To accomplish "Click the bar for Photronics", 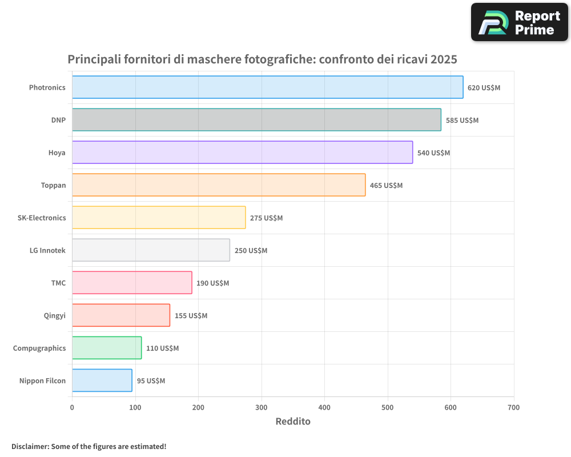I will (267, 87).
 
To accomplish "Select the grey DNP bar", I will (256, 120).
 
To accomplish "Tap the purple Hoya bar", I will (242, 153).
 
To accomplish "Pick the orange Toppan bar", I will (219, 185).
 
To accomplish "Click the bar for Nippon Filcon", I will (102, 380).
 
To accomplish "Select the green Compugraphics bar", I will (107, 348).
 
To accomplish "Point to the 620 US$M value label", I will (484, 88).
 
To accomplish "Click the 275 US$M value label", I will (266, 218).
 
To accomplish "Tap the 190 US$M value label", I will (212, 283).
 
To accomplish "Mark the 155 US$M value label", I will (191, 316).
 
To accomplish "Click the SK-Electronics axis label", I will (42, 218).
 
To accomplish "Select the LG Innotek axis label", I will (47, 250).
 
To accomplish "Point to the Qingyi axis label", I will (55, 315).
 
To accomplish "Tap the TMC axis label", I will (58, 283).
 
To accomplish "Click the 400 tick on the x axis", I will (324, 407).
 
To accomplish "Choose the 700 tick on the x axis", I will (513, 407).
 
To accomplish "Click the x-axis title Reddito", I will (293, 422).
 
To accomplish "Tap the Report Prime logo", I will (519, 22).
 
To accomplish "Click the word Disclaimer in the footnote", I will (30, 446).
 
